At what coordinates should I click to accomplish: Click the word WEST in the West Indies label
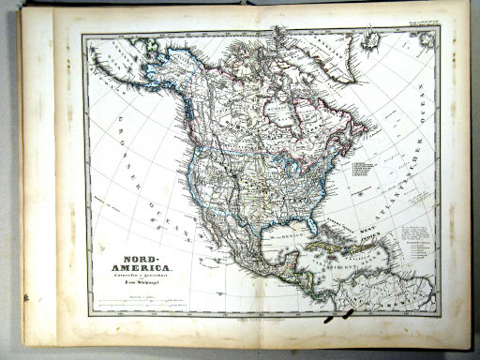[352, 226]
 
